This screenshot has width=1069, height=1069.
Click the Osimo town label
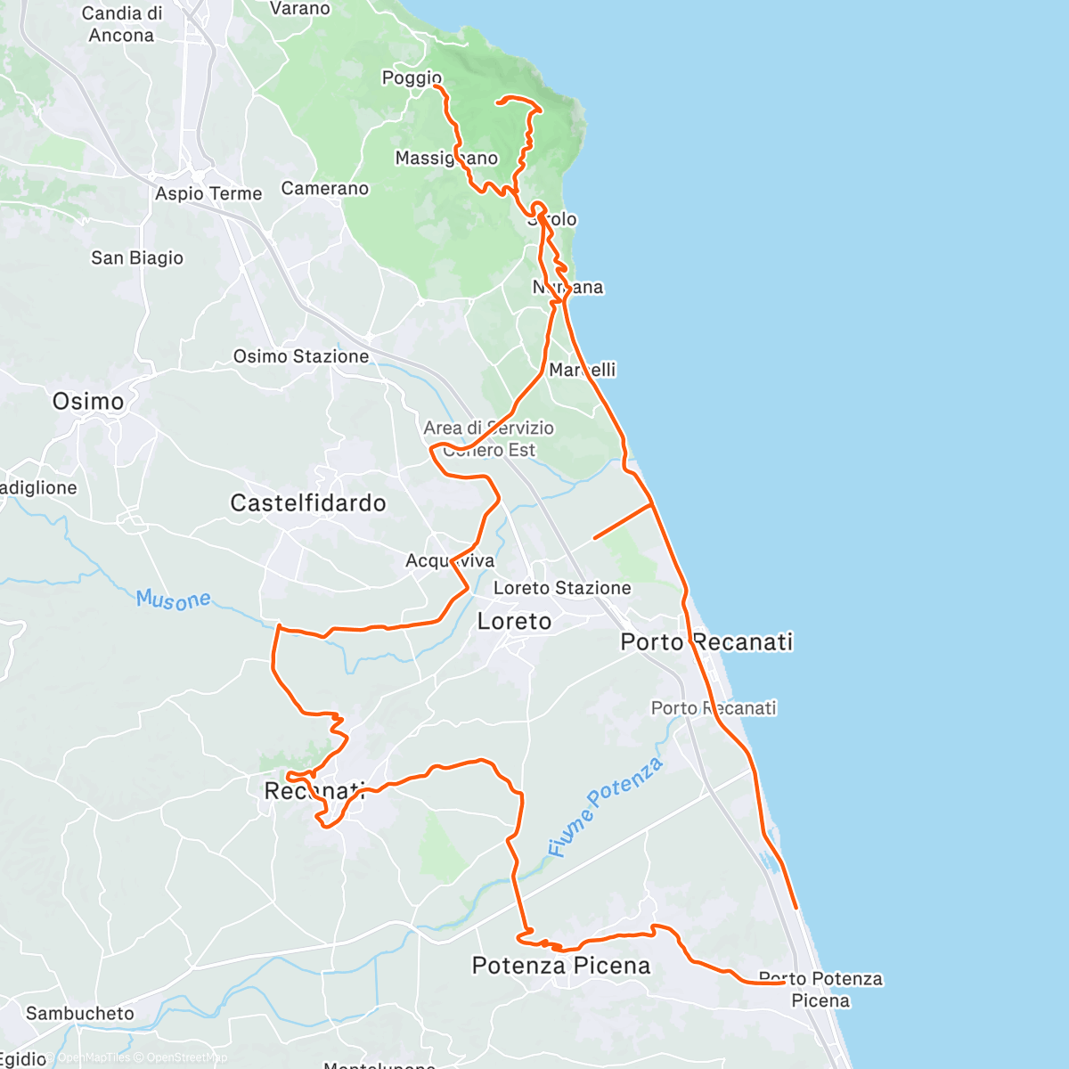point(88,402)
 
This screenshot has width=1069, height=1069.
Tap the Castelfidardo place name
point(308,503)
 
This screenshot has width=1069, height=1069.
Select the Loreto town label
point(514,621)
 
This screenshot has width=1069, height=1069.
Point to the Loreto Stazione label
point(562,588)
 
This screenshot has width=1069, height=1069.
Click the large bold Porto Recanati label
point(706,641)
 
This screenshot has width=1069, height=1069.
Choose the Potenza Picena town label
point(561,966)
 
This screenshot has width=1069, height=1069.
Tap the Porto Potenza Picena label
point(820,989)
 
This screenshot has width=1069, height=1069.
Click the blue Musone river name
point(174,600)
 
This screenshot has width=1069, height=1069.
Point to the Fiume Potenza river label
point(605,806)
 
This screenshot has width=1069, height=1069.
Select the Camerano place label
point(325,188)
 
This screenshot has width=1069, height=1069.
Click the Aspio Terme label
point(208,193)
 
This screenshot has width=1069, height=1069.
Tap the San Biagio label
point(137,257)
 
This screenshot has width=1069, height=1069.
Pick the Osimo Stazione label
point(301,356)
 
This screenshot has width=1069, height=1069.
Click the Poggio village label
point(412,78)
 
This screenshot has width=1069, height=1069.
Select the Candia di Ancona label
point(121,24)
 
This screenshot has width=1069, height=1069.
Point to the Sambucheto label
point(80,1013)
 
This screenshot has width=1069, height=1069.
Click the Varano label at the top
point(300,8)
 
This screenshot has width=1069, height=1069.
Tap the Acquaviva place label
point(450,560)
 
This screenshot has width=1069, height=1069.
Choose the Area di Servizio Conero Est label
point(489,438)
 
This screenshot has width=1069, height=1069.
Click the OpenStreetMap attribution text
point(186,1057)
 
